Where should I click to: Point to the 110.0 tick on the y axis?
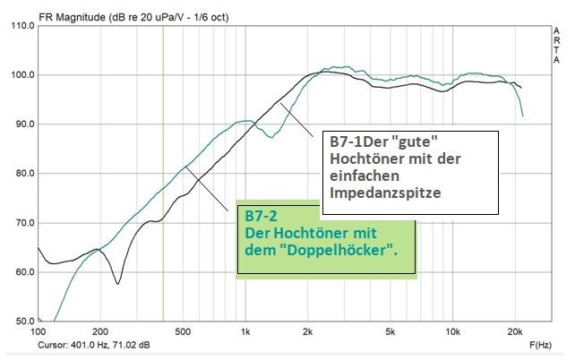point(21,26)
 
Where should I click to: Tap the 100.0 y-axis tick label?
point(21,75)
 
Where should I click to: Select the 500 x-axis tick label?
point(183,331)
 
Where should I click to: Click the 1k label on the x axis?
point(245,331)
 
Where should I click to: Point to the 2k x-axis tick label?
point(308,331)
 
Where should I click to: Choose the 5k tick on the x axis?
point(390,331)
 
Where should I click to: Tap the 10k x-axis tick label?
point(453,331)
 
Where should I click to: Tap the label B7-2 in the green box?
point(262,216)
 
